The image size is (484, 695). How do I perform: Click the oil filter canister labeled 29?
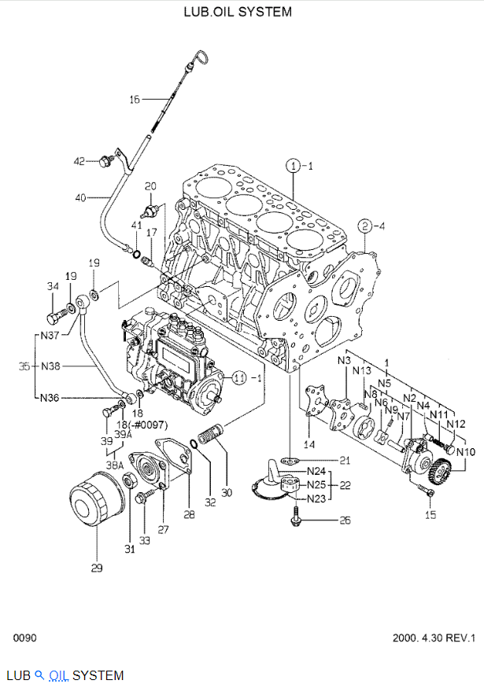click(x=94, y=504)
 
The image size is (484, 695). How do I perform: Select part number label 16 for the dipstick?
click(x=135, y=99)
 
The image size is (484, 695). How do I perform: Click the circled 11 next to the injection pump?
click(x=239, y=377)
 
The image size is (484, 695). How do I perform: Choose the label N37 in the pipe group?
click(x=50, y=336)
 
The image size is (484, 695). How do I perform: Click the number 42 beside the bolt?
click(x=79, y=161)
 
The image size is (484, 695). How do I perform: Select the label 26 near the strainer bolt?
click(x=344, y=520)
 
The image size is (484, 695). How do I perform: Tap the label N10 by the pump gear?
click(x=466, y=452)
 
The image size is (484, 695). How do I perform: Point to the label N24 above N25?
click(x=316, y=472)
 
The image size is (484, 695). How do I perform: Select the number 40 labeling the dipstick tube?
click(x=80, y=197)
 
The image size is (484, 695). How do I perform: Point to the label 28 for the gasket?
click(x=189, y=514)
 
